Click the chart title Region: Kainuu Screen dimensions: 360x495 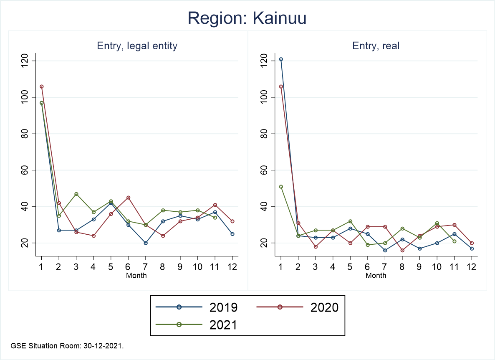[247, 18]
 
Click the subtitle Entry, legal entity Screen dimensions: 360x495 [137, 46]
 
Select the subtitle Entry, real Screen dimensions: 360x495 [376, 46]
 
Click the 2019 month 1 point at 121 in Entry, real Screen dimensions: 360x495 [281, 59]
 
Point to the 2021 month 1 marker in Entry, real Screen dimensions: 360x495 [281, 187]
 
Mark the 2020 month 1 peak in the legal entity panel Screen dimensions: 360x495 [41, 86]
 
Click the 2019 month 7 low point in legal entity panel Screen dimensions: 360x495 [146, 243]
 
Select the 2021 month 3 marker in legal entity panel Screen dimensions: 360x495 [76, 194]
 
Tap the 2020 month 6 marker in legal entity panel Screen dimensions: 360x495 [128, 198]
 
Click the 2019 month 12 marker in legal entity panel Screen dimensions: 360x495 [232, 234]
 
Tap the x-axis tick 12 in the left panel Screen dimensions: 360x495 [232, 266]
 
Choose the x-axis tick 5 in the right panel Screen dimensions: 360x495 [350, 266]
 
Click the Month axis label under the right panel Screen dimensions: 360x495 [376, 276]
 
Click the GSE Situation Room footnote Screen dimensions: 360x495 [67, 346]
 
